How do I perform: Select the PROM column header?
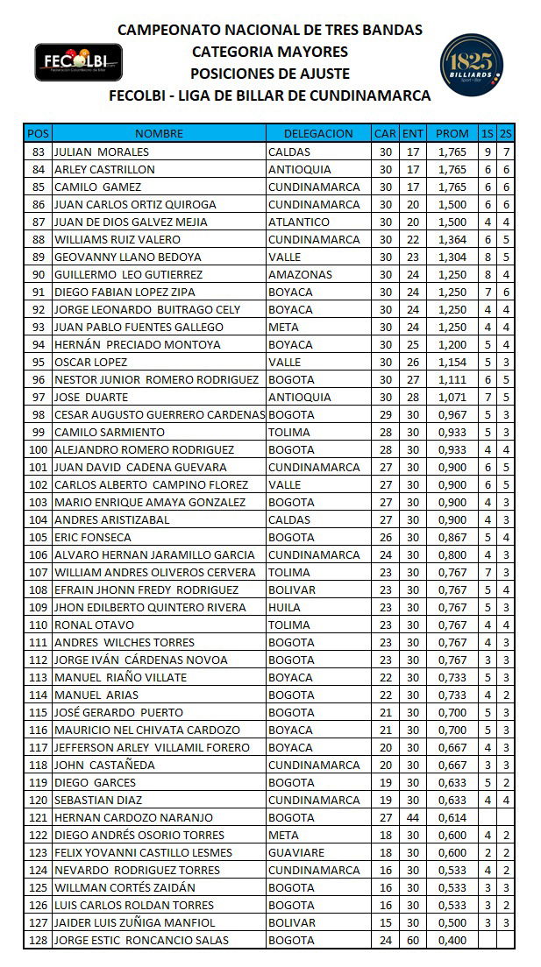pyautogui.click(x=452, y=134)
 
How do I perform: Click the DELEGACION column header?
pyautogui.click(x=318, y=134)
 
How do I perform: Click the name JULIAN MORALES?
pyautogui.click(x=101, y=152)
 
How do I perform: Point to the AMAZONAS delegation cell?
pyautogui.click(x=300, y=274)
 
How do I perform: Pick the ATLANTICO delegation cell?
pyautogui.click(x=299, y=222)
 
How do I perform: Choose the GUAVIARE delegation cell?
pyautogui.click(x=296, y=852)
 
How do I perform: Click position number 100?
pyautogui.click(x=38, y=449)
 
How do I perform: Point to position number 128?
pyautogui.click(x=38, y=940)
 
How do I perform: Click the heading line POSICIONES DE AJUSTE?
pyautogui.click(x=270, y=74)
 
